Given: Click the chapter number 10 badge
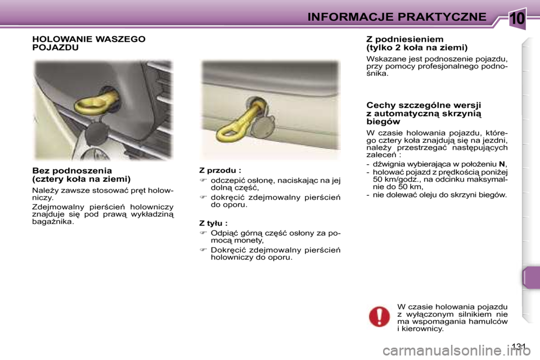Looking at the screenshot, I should pyautogui.click(x=516, y=18).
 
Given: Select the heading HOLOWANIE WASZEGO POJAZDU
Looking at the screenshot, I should pyautogui.click(x=88, y=43).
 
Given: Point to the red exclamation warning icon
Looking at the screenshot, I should pyautogui.click(x=379, y=316).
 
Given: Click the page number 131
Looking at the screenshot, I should pyautogui.click(x=521, y=345).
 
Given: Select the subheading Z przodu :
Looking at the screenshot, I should pyautogui.click(x=220, y=169).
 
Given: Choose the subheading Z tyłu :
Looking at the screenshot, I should pyautogui.click(x=213, y=223).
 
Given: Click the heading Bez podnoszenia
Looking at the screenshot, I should pyautogui.click(x=72, y=170).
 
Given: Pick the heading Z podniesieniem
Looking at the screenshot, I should pyautogui.click(x=400, y=39).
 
